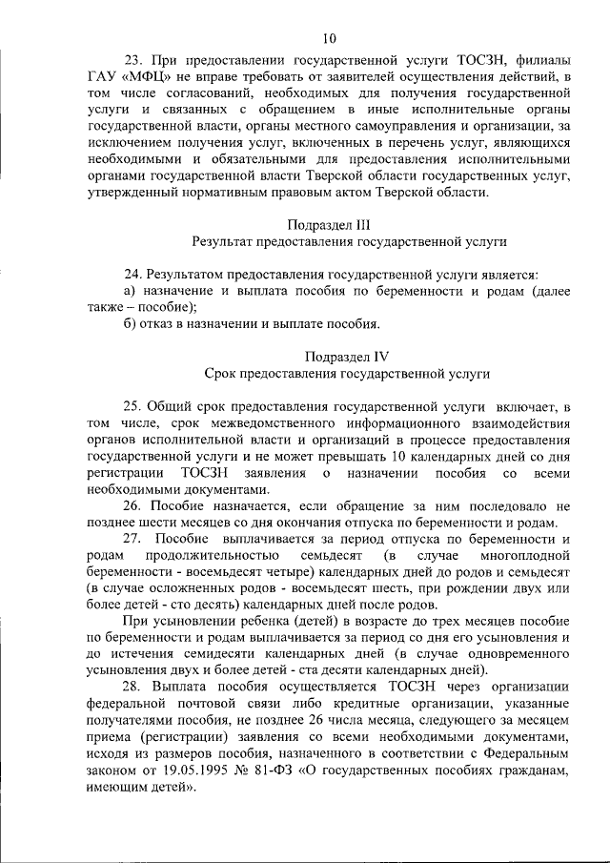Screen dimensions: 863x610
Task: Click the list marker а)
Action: (x=132, y=290)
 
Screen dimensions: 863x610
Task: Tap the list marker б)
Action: (x=132, y=323)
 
